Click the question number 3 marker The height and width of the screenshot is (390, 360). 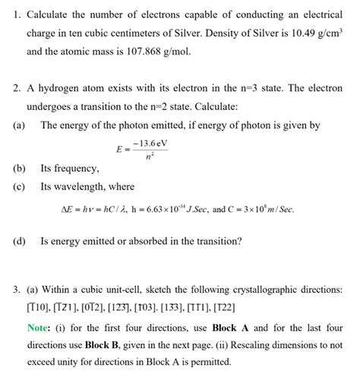[15, 289]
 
